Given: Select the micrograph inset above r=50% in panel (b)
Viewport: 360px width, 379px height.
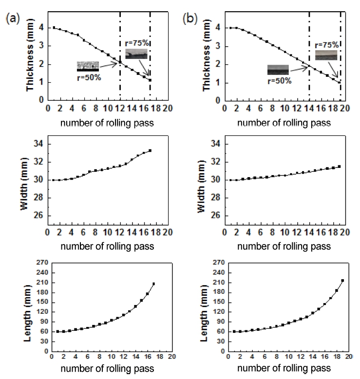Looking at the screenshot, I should (x=278, y=70).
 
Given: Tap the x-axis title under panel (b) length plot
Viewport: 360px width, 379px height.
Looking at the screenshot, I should (x=284, y=368).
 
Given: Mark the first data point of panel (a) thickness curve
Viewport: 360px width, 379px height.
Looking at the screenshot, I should (x=54, y=28).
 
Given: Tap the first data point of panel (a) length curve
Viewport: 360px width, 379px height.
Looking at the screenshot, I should (x=57, y=331).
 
